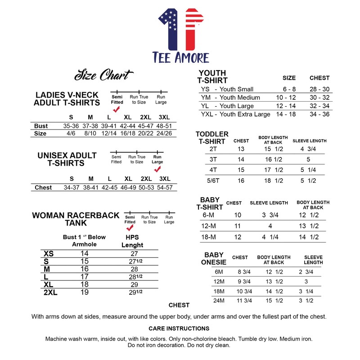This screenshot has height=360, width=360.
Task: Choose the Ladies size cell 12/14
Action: point(109,133)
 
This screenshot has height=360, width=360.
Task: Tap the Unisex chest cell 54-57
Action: point(165,187)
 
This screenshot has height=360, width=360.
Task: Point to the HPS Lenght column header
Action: point(132,241)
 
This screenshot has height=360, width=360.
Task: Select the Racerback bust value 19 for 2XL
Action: point(84,292)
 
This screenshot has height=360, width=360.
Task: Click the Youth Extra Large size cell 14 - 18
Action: point(286,114)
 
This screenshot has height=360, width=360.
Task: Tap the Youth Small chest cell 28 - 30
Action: point(319,89)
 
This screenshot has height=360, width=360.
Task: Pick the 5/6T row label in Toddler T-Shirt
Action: point(213,180)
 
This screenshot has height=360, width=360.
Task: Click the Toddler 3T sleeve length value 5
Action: point(308,159)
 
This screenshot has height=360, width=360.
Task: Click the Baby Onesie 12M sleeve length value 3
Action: point(306,281)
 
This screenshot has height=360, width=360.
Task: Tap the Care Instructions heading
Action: point(179,328)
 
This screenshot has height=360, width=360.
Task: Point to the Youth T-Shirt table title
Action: point(212,76)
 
